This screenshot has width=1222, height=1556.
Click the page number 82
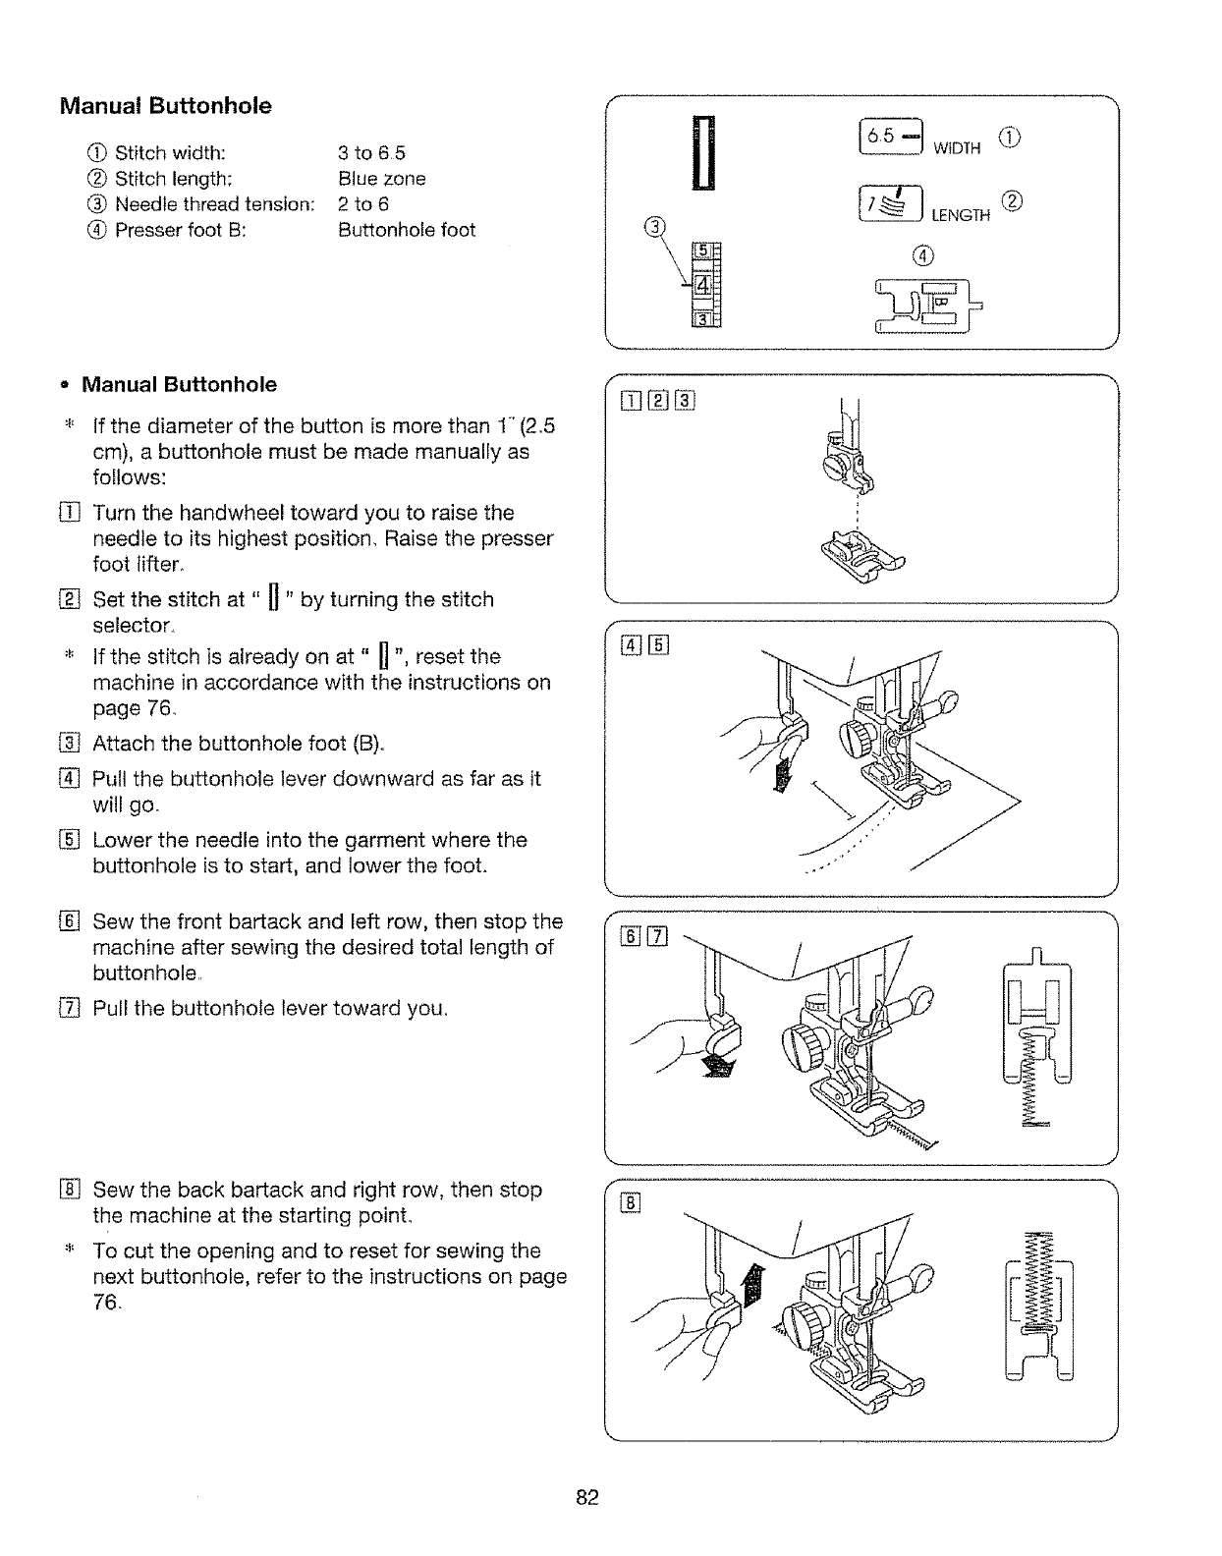[587, 1498]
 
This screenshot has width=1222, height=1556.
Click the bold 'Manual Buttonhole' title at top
[166, 106]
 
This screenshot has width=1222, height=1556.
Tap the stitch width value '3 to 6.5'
[371, 153]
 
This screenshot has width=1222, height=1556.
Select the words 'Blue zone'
[381, 179]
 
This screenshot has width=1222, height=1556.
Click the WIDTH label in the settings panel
[957, 149]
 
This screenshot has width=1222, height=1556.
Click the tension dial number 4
[703, 285]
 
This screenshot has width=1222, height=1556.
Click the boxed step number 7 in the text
[68, 1009]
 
